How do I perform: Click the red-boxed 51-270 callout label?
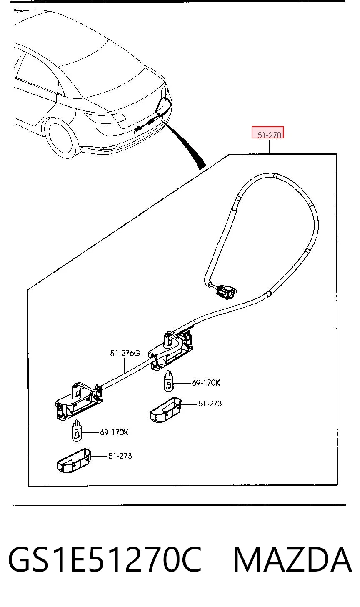269,135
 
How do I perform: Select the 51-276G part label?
125,354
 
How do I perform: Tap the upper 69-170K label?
206,383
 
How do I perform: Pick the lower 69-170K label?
114,432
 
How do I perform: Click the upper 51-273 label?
210,404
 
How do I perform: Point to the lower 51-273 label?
120,456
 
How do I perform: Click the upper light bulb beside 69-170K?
169,381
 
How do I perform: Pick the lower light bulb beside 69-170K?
77,431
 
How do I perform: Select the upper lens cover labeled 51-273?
165,409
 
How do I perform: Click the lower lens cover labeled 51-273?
74,461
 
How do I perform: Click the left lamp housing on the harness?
79,401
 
